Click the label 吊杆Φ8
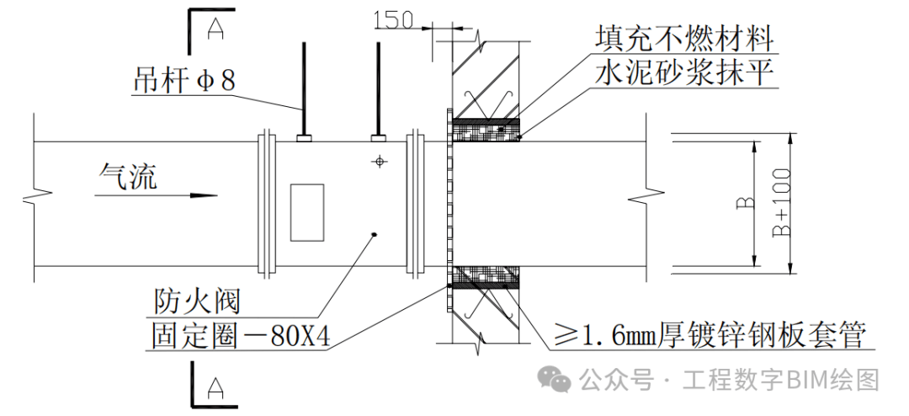(x=183, y=82)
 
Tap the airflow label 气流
(x=127, y=175)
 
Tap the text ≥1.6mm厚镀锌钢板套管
(x=709, y=337)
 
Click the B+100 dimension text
(x=782, y=206)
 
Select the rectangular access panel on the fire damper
(x=306, y=211)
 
